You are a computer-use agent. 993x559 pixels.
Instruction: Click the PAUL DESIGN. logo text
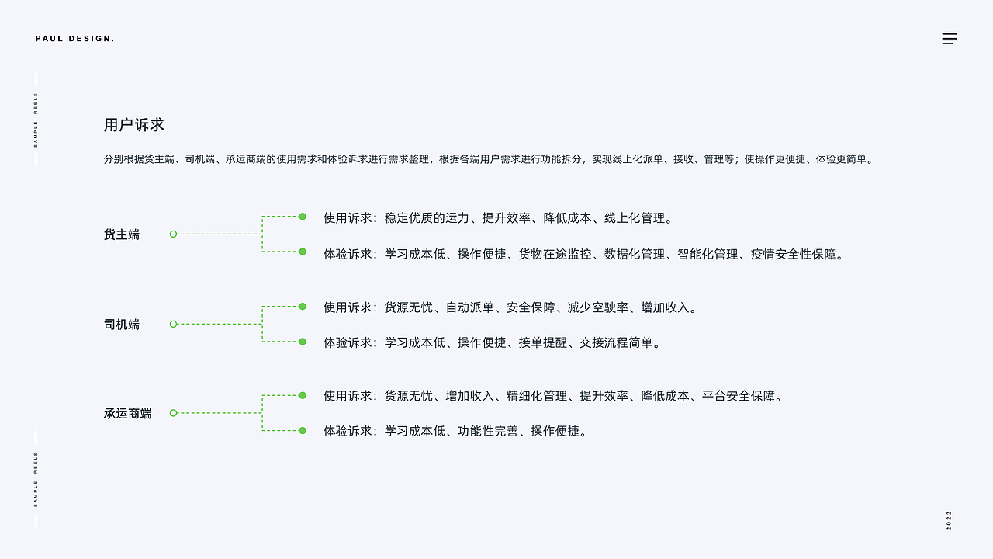coord(75,39)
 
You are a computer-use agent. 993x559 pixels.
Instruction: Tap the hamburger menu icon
coord(950,39)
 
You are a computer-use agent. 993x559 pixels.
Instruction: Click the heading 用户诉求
coord(134,125)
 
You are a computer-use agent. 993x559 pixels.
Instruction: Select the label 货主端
coord(122,234)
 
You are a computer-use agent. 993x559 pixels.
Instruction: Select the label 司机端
coord(122,325)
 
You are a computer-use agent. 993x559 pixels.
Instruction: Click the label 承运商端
coord(128,414)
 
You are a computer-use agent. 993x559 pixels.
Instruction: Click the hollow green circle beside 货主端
coord(173,234)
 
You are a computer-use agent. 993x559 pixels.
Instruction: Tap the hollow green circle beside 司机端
coord(173,324)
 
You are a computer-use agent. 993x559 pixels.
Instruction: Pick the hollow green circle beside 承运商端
coord(173,413)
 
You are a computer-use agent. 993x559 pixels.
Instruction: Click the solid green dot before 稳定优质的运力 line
coord(303,217)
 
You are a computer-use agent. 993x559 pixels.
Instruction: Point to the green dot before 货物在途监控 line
coord(303,252)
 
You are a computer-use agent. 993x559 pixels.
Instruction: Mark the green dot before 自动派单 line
coord(303,307)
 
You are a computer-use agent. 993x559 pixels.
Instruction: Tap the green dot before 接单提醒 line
coord(303,342)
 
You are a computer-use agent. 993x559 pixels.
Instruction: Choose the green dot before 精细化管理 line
coord(303,395)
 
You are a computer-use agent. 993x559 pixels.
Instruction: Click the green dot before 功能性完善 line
coord(303,430)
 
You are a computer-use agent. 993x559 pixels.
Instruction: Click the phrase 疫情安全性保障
coord(793,254)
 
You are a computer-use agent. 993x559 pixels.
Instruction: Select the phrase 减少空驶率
coord(597,307)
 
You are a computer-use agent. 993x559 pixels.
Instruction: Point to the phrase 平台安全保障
coord(738,396)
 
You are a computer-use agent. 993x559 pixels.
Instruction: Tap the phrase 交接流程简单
coord(616,342)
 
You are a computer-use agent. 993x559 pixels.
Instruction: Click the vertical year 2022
coord(949,520)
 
